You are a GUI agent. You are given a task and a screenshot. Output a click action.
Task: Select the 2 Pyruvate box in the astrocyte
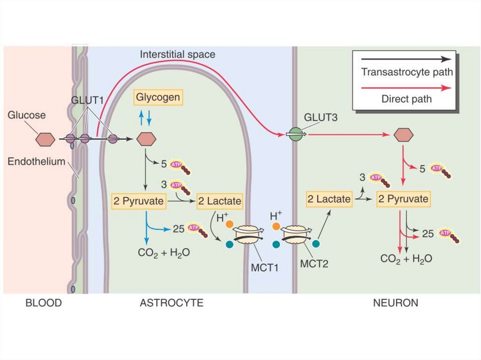[139, 201]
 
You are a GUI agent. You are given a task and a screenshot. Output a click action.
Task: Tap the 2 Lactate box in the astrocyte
[219, 201]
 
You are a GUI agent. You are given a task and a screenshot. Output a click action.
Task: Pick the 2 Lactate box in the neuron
[329, 199]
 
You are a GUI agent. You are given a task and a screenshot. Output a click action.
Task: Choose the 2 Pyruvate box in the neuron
[403, 199]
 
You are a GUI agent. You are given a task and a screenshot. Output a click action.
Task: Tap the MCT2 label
[314, 263]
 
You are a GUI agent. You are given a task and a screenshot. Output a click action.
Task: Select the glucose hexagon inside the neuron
[403, 135]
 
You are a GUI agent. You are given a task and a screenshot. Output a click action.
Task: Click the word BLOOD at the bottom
[43, 303]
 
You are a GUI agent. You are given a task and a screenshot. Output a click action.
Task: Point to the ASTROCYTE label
[171, 303]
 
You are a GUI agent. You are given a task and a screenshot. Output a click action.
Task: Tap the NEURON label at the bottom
[396, 303]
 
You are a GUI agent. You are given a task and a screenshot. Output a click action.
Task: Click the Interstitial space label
[178, 54]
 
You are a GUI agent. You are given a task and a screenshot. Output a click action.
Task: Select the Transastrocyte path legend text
[407, 72]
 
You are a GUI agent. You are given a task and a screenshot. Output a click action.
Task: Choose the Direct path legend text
[406, 99]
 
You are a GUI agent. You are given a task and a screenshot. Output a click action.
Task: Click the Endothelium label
[36, 162]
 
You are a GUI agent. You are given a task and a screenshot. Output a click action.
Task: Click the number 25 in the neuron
[427, 234]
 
